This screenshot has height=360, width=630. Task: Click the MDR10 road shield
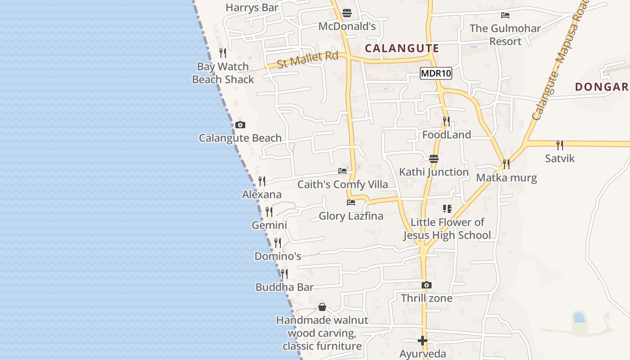pos(436,73)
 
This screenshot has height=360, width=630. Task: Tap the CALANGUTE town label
pos(402,48)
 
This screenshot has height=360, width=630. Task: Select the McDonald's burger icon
pos(346,13)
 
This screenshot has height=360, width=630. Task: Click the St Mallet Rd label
pos(307,60)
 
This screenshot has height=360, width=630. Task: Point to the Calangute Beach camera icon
pos(240,125)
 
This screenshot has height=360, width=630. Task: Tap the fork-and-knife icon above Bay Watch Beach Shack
pos(222,53)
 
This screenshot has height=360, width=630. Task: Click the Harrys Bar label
pos(252,7)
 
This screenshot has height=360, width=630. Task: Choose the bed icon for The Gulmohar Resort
pos(505,15)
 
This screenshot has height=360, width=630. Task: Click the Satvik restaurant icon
pos(559,145)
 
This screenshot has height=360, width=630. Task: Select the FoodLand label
pos(446,135)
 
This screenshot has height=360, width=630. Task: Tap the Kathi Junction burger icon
pos(434,158)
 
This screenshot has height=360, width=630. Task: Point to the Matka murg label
pos(506,178)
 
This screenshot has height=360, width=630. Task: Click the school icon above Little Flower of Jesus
pos(447,208)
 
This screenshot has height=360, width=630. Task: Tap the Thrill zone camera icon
pos(426,285)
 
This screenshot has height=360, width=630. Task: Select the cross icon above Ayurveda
pos(422,341)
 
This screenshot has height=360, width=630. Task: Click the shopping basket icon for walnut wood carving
pos(322,307)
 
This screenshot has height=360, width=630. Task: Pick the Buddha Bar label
pos(284,287)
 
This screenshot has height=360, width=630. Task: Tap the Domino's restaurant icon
pos(278,243)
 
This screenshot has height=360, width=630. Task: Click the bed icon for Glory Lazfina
pos(351,202)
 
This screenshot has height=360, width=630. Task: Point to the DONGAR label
pos(601,87)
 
